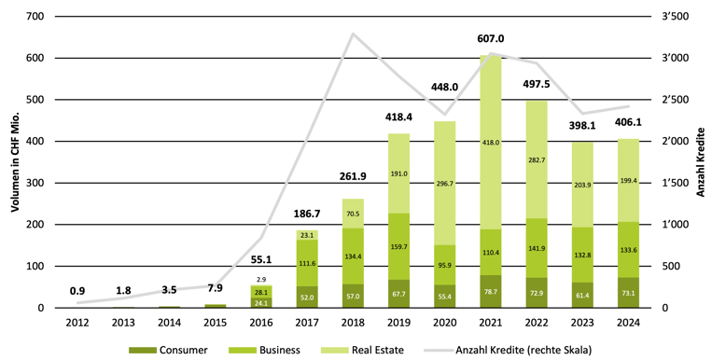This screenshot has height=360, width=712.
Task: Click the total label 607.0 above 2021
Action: tap(491, 39)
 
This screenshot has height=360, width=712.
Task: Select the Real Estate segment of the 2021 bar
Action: tap(491, 121)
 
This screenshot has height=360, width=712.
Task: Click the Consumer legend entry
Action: tap(181, 349)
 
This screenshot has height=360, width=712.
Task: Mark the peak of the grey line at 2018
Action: tap(353, 35)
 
